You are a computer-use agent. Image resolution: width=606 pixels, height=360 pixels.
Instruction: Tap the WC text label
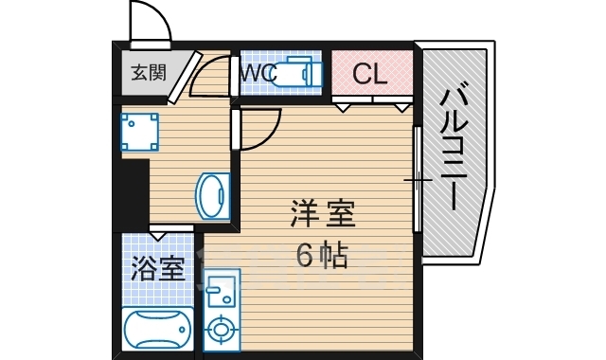pos(258,72)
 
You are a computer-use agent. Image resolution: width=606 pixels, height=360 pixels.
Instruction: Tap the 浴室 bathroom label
pos(155,268)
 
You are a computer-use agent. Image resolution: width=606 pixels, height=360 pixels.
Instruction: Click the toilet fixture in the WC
pos(294,73)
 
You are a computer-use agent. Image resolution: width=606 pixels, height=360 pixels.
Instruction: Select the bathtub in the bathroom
pos(156,331)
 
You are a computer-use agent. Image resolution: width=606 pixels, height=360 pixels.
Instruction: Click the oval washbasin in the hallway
pos(212,195)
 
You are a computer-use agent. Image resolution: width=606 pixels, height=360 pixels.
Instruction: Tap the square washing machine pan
pos(140,133)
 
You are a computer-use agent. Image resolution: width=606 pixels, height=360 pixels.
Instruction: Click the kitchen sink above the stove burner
pos(220,288)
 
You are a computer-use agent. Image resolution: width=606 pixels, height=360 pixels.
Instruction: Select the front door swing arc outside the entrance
pos(149,24)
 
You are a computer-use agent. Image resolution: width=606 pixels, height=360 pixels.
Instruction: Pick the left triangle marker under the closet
pos(343,106)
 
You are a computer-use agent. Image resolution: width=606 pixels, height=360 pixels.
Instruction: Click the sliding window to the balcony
pos(417,175)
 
